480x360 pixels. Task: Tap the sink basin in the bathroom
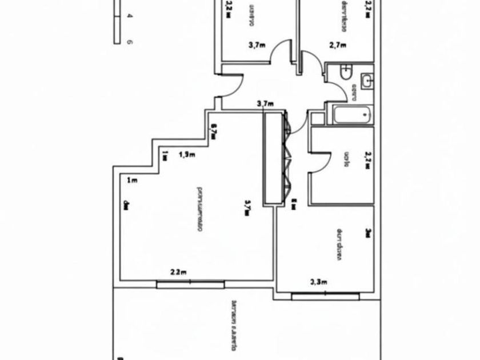tap(367, 81)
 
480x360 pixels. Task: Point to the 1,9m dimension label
tap(187, 154)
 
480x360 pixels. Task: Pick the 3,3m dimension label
tap(318, 281)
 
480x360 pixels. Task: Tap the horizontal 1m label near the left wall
tap(132, 181)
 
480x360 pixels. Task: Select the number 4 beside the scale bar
tap(130, 17)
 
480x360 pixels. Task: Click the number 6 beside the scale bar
tap(130, 42)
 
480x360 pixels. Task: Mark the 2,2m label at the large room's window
tap(179, 273)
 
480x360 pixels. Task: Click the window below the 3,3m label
tap(326, 296)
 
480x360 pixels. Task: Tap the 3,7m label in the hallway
tap(266, 103)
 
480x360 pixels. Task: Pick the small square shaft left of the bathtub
tap(317, 118)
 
